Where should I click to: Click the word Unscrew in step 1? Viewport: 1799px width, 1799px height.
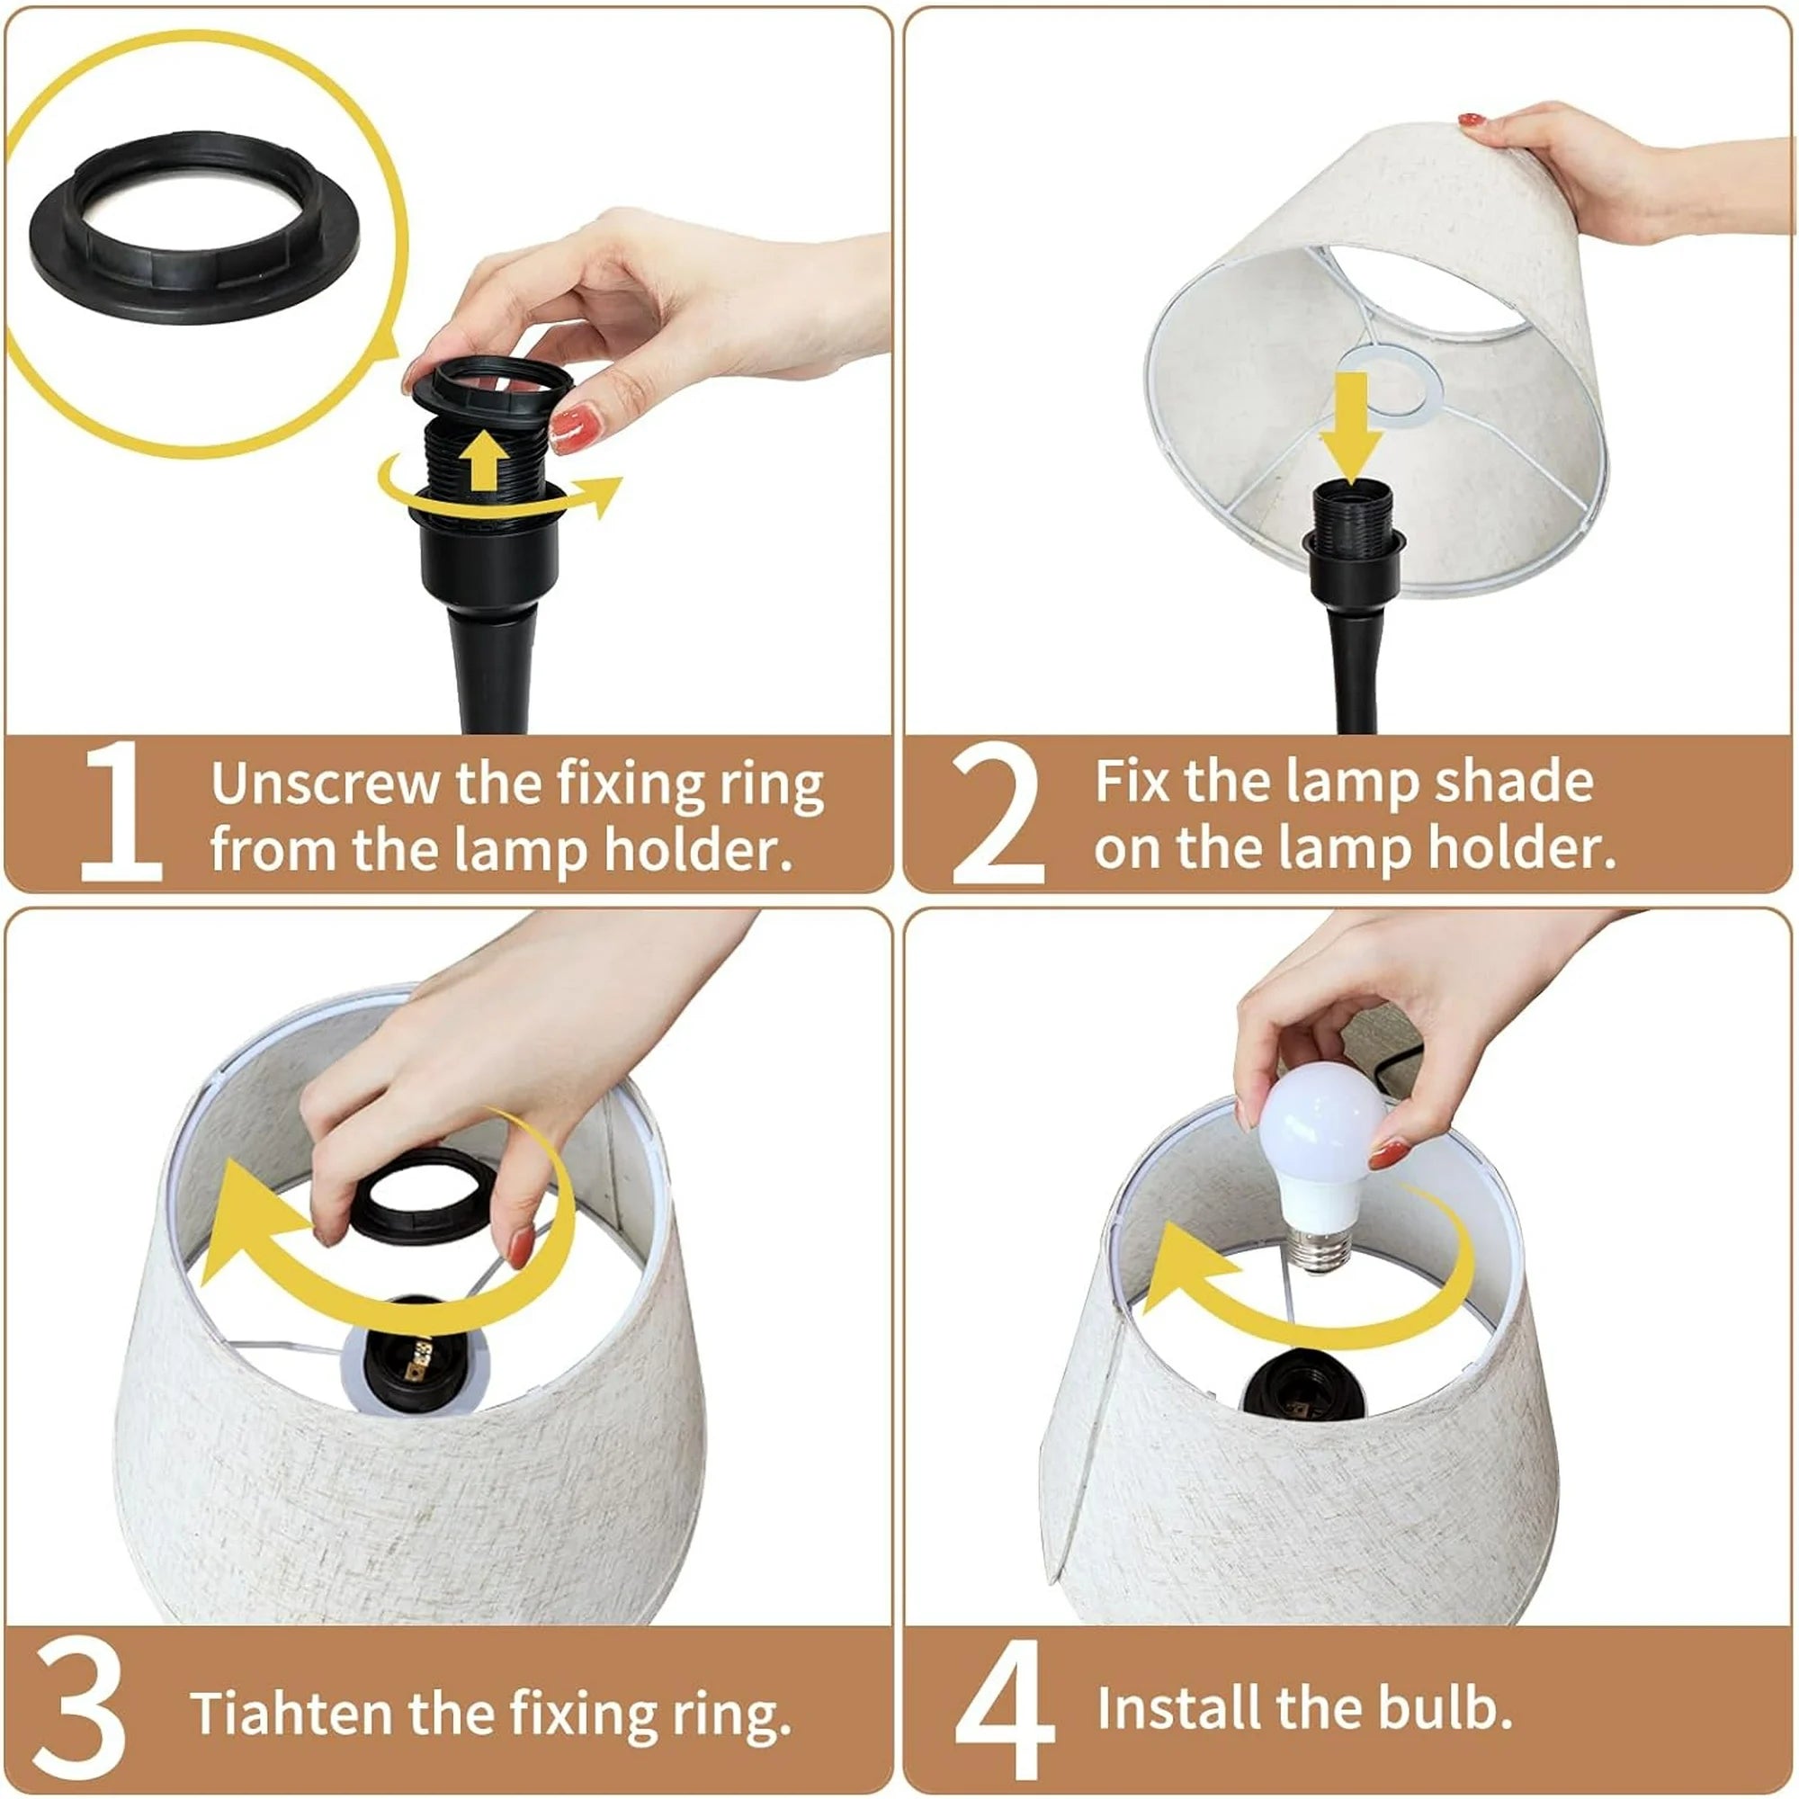(324, 783)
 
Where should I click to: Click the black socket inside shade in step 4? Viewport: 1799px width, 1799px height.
(1302, 1392)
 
